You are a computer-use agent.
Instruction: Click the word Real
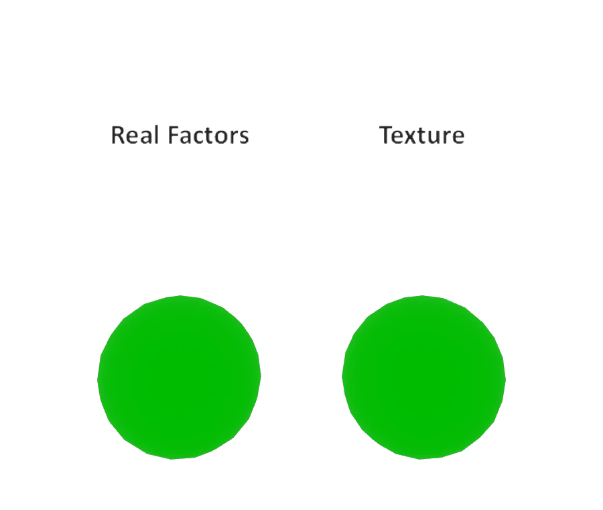tap(135, 135)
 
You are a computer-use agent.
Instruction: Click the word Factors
tap(209, 135)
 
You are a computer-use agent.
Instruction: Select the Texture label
tap(422, 135)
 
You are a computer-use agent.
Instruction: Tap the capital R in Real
tap(118, 135)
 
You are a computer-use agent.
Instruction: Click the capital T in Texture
tap(387, 135)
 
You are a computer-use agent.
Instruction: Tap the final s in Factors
tap(244, 138)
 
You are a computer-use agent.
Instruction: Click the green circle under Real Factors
tap(179, 378)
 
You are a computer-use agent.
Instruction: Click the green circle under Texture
tap(424, 378)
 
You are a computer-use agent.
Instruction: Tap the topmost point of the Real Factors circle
tap(180, 296)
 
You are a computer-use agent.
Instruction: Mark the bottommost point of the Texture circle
tap(420, 459)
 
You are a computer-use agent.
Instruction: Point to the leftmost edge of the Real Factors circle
tap(98, 380)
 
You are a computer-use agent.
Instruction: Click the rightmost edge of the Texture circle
tap(505, 380)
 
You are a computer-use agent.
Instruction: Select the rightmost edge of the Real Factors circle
tap(261, 376)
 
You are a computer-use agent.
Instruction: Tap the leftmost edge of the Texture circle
tap(342, 376)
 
